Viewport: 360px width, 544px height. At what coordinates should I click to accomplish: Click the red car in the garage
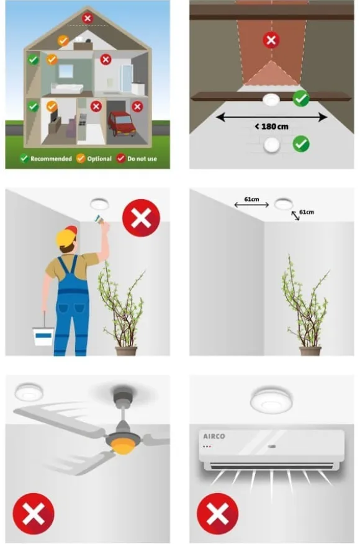tap(121, 123)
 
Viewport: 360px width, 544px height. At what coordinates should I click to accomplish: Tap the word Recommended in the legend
tap(51, 159)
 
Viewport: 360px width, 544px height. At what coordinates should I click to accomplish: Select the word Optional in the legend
tap(99, 159)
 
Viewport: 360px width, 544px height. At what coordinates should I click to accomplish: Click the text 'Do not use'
tap(142, 159)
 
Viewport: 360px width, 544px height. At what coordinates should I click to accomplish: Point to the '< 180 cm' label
tap(271, 127)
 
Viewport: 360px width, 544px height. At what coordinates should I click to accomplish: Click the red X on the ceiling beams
tap(271, 40)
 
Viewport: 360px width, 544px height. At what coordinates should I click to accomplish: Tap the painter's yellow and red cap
tap(66, 236)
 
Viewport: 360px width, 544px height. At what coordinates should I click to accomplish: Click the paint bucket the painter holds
tap(43, 336)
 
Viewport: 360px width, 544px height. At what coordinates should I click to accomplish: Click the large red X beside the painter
tap(141, 218)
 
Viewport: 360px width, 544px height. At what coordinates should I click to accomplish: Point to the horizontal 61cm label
tap(251, 199)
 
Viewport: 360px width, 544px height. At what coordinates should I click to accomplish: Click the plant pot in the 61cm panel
tap(310, 350)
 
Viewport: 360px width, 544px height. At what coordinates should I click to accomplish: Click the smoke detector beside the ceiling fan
tap(29, 392)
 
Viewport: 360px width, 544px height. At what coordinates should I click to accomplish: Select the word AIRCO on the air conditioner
tap(214, 437)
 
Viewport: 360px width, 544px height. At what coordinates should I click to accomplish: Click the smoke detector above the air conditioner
tap(271, 401)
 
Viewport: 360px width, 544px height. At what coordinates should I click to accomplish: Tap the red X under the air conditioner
tap(217, 514)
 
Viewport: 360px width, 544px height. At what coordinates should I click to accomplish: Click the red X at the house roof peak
tap(88, 18)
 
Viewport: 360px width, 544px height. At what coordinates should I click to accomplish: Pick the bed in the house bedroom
tap(68, 88)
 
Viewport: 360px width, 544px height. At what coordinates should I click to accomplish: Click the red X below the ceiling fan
tap(34, 514)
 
